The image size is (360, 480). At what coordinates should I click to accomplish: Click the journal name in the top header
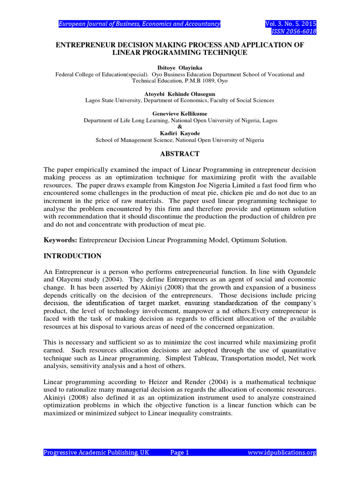pos(139,24)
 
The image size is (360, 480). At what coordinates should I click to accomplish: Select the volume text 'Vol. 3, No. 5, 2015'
pos(291,24)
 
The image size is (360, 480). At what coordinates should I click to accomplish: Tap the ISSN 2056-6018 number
pos(294,31)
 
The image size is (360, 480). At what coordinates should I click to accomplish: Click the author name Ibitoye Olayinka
pos(180,68)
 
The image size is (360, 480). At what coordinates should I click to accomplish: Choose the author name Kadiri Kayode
pos(180,134)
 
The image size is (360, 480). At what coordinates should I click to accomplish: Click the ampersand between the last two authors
pos(180,127)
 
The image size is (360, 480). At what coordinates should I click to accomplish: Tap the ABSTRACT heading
pos(180,154)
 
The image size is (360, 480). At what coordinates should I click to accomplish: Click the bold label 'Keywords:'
pos(60,240)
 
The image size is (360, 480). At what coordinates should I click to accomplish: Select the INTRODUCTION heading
pos(72,256)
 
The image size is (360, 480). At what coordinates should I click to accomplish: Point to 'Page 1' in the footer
pos(180,452)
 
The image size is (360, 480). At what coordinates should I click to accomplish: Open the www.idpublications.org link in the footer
pos(282,452)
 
